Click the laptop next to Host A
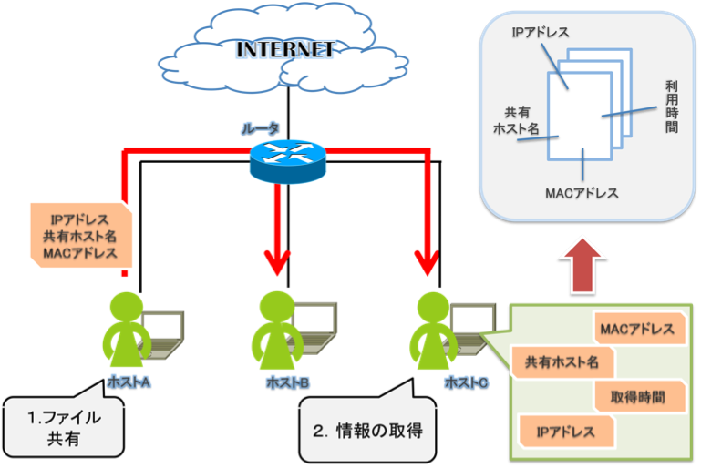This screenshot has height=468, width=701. coord(164,332)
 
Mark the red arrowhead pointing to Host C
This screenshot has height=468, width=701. coord(425,264)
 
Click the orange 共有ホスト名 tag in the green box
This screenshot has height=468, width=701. coord(562,362)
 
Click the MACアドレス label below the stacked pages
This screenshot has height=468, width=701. coord(582,193)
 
